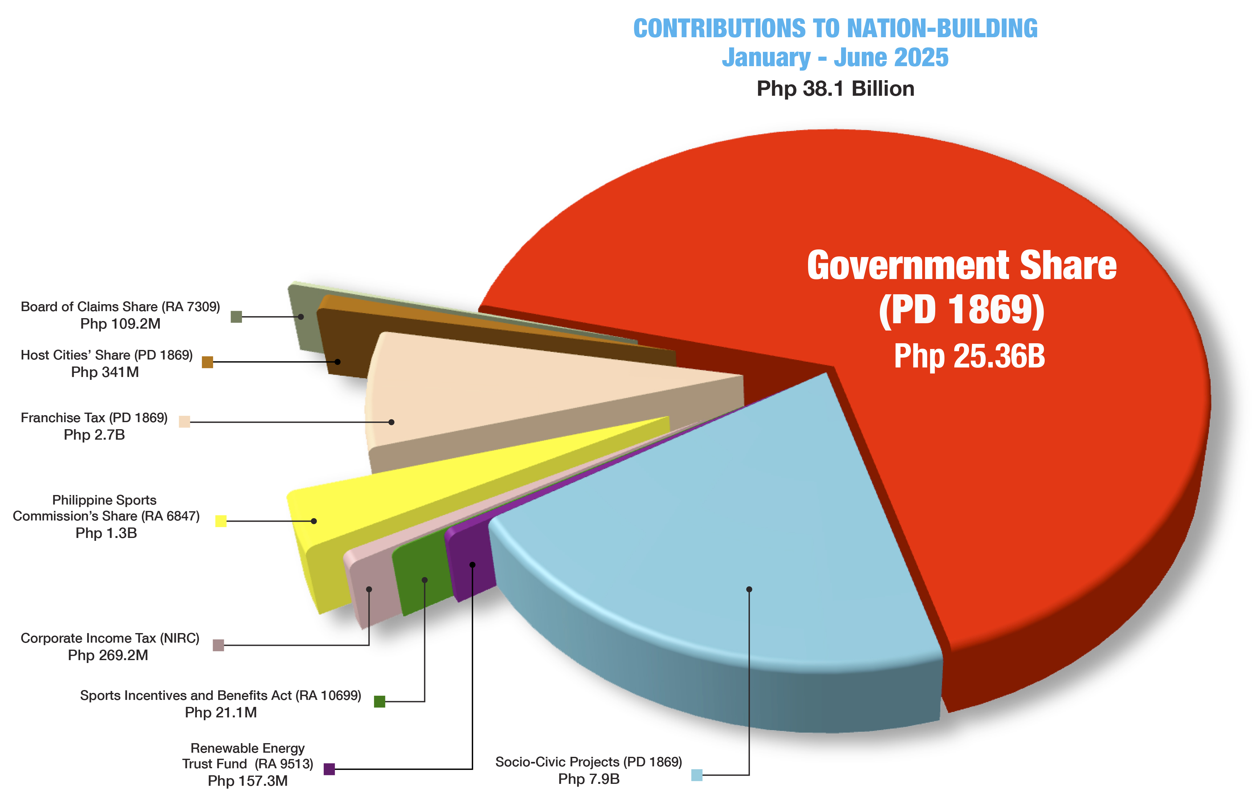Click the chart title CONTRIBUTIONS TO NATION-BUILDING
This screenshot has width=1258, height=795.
[835, 28]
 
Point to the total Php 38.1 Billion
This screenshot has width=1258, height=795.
[835, 89]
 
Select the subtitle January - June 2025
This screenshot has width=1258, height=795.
[835, 58]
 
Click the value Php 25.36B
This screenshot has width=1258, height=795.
[969, 357]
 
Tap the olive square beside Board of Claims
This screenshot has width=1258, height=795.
[236, 317]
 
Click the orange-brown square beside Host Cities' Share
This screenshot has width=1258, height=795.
[207, 362]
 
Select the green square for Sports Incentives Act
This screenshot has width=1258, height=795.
[380, 701]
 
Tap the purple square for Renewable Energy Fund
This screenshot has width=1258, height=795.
[329, 769]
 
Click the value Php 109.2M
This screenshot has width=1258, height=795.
[120, 324]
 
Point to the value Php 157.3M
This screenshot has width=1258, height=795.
[248, 781]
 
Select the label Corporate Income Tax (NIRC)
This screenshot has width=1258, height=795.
[110, 638]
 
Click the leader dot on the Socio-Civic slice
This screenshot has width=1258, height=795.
[749, 589]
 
